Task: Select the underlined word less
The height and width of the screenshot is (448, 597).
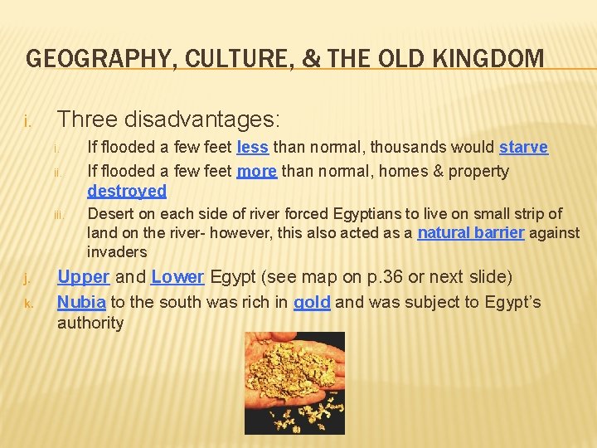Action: (252, 148)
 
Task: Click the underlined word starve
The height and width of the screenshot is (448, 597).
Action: (523, 148)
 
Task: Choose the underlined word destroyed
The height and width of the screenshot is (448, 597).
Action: (127, 191)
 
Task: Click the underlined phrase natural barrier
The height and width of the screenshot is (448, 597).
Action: (470, 233)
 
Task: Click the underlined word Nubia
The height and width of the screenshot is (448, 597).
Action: (80, 302)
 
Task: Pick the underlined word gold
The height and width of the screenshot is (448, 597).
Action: (312, 302)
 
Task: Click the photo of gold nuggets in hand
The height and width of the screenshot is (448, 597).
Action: (294, 382)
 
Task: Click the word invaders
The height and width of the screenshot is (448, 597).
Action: (117, 251)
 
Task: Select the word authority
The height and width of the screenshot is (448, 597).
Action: (90, 323)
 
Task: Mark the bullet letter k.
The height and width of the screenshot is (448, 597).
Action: (28, 304)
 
